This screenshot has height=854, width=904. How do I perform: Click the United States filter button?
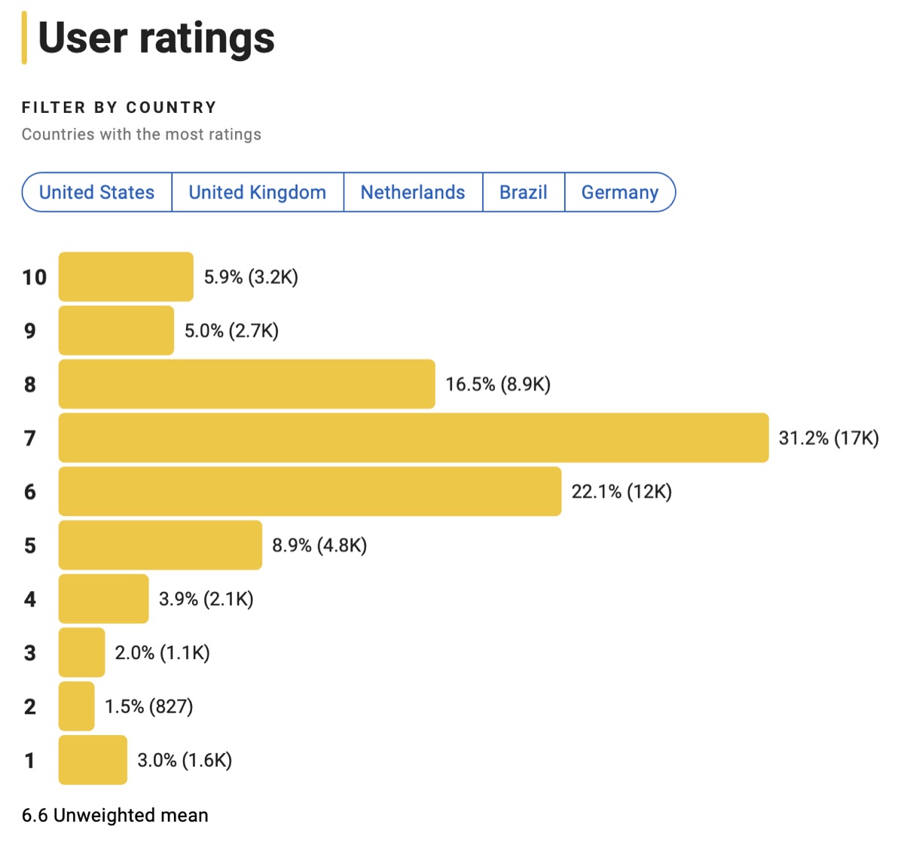(96, 193)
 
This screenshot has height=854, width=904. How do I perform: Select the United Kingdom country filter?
(257, 193)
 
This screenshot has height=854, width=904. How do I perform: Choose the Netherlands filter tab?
(413, 193)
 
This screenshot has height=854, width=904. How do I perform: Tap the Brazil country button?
(523, 193)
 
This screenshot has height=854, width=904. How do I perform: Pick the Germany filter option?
(619, 193)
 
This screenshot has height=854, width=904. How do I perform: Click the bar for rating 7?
(413, 438)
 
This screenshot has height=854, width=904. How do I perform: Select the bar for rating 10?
(126, 277)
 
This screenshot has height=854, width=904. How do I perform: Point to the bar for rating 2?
(76, 706)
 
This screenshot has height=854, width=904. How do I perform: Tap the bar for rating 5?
(160, 544)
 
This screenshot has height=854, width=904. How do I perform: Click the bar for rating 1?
(93, 760)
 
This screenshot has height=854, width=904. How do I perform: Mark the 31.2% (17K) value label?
(828, 438)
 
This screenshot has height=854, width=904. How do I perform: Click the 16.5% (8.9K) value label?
(498, 385)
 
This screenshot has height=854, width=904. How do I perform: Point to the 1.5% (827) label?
(148, 706)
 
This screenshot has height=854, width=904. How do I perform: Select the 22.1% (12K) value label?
(621, 492)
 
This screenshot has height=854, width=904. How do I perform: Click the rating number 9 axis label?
(30, 331)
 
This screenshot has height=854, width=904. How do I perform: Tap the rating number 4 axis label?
(30, 599)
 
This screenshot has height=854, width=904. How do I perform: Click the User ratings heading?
(156, 38)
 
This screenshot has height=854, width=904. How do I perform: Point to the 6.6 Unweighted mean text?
(115, 815)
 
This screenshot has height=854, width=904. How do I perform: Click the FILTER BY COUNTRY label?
(119, 108)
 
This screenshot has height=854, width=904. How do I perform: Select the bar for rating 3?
(81, 652)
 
